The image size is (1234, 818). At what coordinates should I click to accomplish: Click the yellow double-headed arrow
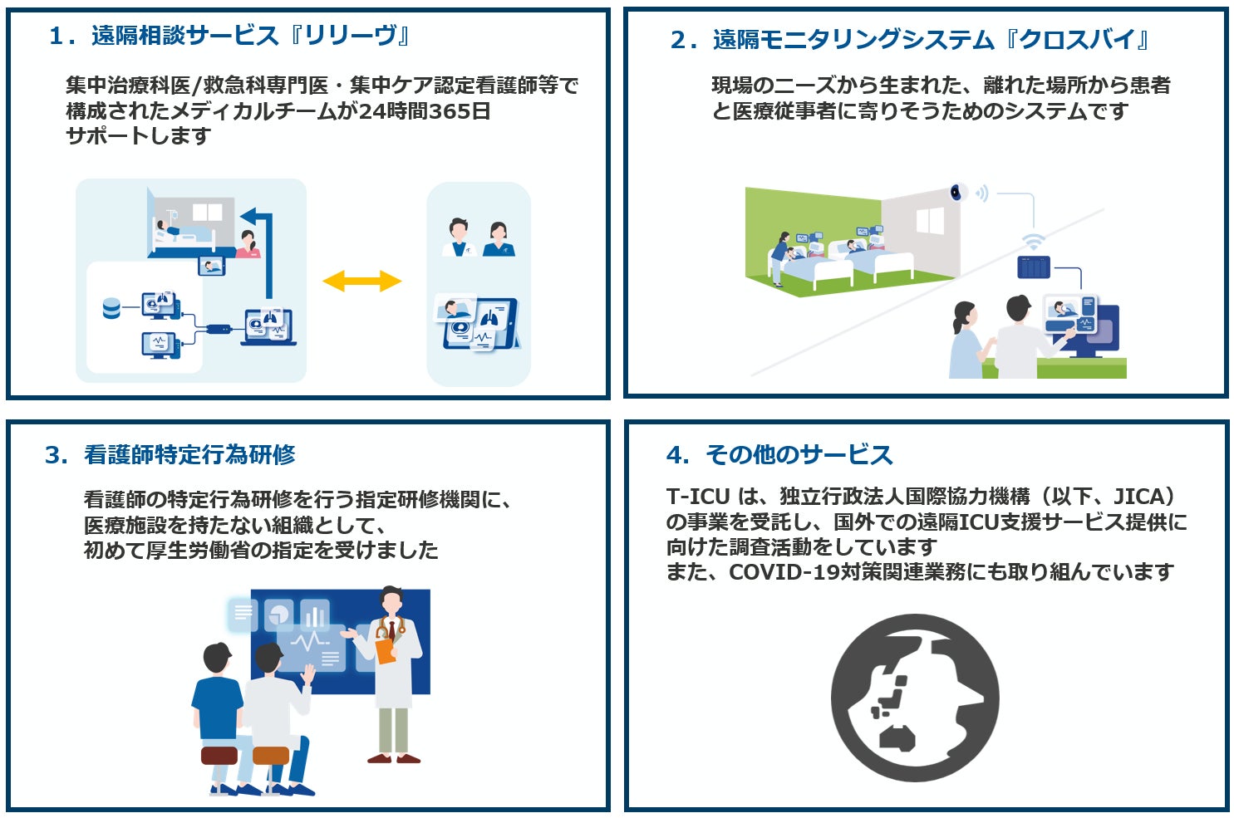361,282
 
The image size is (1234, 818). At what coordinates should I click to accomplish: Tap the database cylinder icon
111,309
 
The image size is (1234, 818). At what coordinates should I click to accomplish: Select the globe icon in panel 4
914,698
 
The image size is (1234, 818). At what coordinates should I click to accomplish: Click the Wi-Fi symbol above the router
1033,242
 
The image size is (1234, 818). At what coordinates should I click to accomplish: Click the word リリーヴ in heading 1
350,36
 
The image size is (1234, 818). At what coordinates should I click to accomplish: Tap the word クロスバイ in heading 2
1078,39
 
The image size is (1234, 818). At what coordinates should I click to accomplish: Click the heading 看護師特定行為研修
189,454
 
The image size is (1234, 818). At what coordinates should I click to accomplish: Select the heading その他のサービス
799,454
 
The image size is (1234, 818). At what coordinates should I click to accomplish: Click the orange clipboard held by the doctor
385,649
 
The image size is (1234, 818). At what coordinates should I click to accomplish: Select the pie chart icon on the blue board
279,615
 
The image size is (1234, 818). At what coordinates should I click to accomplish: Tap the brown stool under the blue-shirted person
219,755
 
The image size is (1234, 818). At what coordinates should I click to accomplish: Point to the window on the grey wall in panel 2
930,220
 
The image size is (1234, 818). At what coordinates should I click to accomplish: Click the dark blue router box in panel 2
1034,267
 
